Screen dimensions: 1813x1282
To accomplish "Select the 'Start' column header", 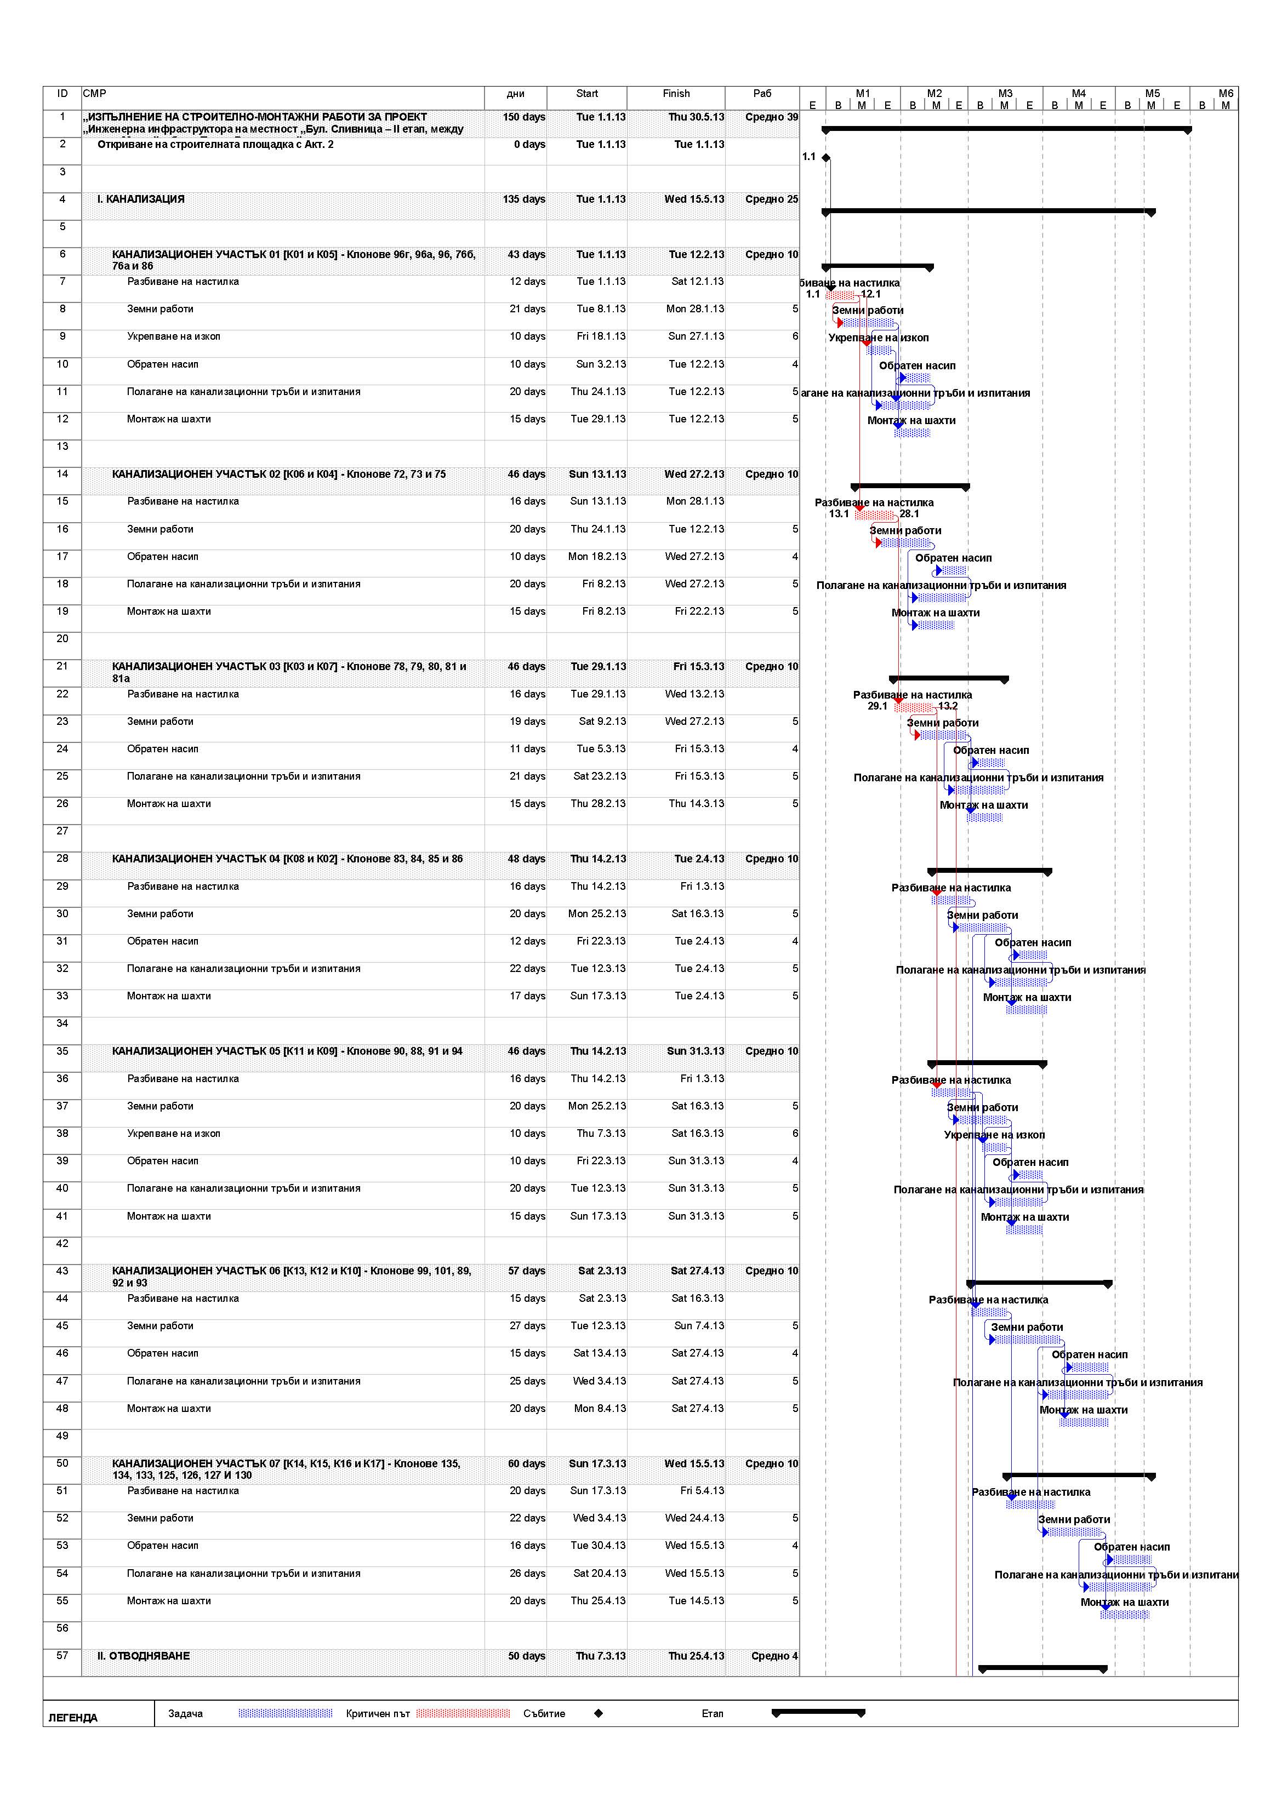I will coord(587,93).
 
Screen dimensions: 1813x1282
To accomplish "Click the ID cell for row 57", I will coord(62,1655).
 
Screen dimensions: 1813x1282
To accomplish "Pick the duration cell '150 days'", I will coord(523,117).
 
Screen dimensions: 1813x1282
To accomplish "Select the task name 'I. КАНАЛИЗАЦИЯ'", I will coord(141,199).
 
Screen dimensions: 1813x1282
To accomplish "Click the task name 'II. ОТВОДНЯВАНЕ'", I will coord(143,1656).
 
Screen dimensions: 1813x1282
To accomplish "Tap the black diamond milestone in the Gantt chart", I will coord(826,158).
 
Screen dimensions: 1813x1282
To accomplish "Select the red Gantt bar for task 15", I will coord(874,515).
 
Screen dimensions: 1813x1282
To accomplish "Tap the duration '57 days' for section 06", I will coord(526,1271).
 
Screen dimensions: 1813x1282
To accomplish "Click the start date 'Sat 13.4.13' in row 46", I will coord(599,1353).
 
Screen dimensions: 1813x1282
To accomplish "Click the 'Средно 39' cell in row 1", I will coord(771,117).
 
